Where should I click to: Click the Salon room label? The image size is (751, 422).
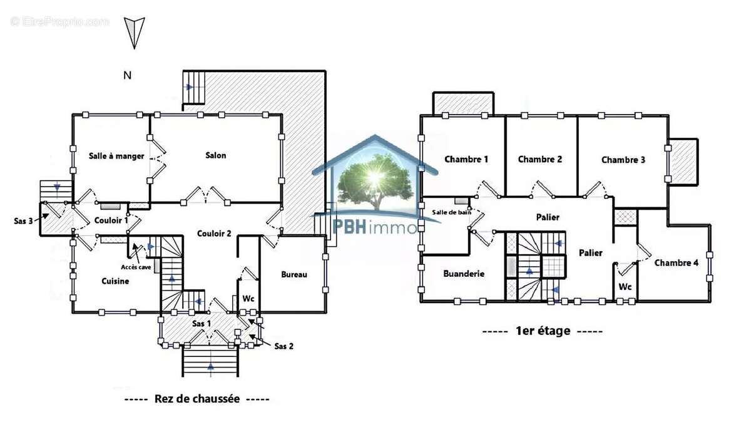coord(215,155)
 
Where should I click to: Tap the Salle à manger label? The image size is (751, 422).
coord(116,156)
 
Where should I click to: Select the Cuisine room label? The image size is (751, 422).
coord(115,281)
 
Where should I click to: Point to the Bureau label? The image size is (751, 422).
coord(294,274)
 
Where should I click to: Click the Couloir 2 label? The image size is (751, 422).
coord(214,234)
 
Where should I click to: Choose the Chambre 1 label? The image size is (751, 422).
coord(466,159)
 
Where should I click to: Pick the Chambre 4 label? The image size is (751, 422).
coord(676,263)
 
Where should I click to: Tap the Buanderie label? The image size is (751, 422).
coord(464,274)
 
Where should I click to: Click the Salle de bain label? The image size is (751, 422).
coord(451,213)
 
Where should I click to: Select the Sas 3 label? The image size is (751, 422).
coord(23,220)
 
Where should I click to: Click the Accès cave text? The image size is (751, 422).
coord(136,266)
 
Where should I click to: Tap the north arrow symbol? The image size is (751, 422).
coord(135,33)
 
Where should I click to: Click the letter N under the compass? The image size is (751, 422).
coord(127,76)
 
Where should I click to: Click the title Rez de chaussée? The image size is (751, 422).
coord(197,399)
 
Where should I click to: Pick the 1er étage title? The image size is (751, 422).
coord(543,331)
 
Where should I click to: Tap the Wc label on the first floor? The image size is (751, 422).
coord(625,286)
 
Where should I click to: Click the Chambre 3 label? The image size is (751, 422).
coord(623,160)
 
